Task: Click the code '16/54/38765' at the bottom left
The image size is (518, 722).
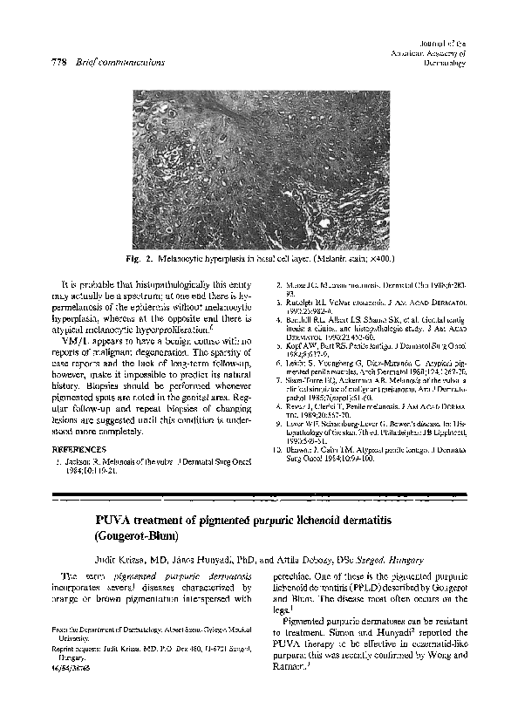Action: coord(74,664)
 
